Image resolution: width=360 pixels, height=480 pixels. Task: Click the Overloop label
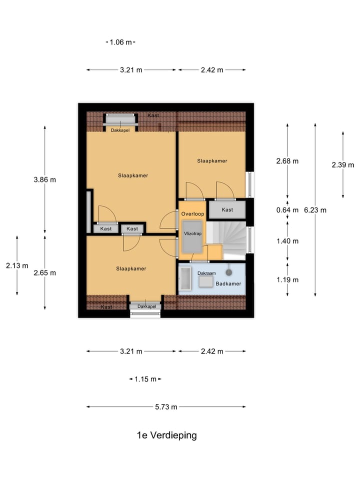click(x=192, y=214)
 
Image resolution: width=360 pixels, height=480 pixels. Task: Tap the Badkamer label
click(x=228, y=284)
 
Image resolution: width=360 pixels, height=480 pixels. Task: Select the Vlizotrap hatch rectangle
click(x=192, y=236)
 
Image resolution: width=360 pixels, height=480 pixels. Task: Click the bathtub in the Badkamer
click(x=185, y=278)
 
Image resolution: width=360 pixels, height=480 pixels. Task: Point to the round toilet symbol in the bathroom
click(x=228, y=272)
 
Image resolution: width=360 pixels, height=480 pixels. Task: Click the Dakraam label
click(x=206, y=273)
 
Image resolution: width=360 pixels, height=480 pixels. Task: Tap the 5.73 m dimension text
click(x=166, y=407)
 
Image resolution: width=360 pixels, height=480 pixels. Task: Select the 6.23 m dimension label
click(x=315, y=210)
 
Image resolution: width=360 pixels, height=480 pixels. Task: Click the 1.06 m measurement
click(x=120, y=42)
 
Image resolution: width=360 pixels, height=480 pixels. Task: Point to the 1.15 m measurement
click(x=145, y=379)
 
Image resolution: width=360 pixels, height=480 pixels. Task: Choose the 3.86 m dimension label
click(x=44, y=179)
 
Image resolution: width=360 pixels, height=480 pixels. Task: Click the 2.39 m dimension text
click(x=343, y=165)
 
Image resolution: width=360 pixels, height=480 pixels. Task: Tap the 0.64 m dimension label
click(x=287, y=210)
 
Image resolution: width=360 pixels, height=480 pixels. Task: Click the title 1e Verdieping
click(x=166, y=435)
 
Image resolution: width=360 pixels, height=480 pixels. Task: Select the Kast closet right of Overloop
click(x=227, y=209)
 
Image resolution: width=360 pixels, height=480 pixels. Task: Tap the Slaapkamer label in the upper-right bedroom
click(x=212, y=161)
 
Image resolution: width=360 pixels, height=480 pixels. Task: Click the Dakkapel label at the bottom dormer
click(x=146, y=306)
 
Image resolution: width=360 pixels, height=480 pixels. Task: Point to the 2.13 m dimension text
click(x=17, y=265)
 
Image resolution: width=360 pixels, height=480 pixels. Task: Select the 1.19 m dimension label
click(x=287, y=280)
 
